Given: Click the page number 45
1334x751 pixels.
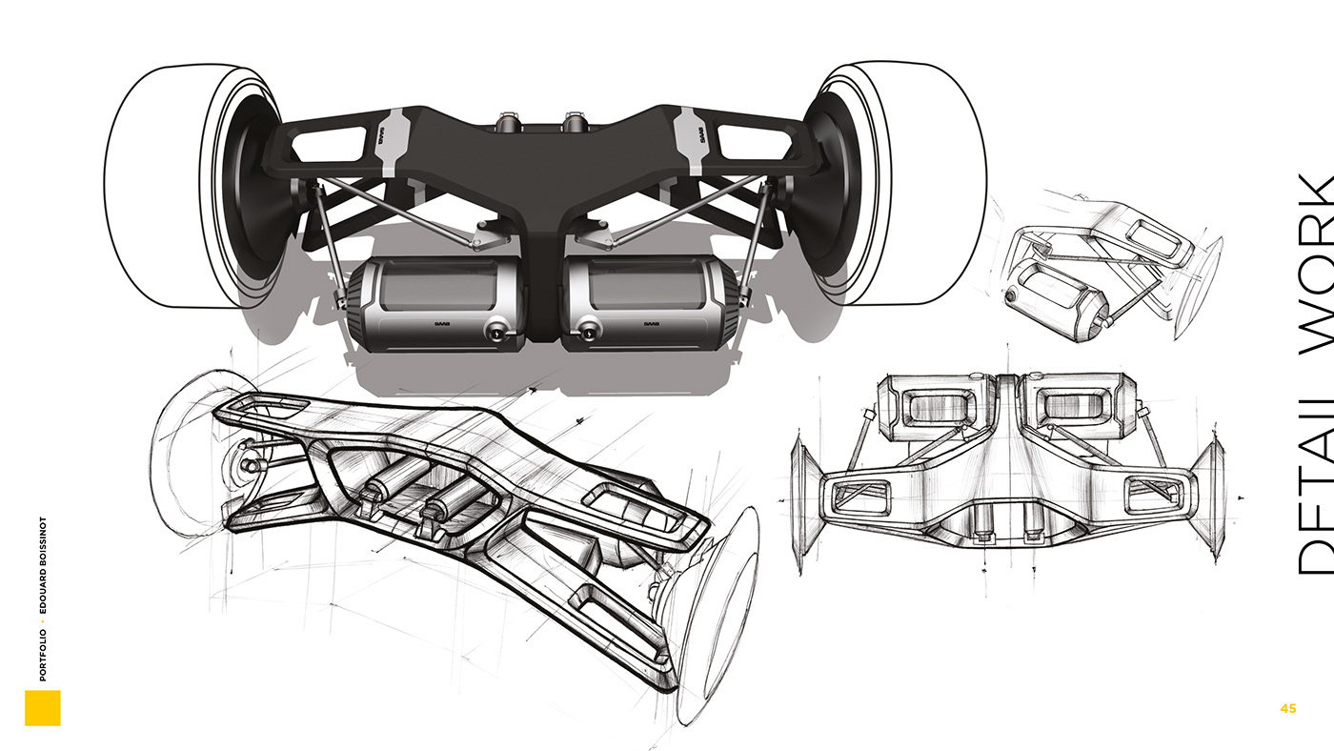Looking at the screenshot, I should point(1288,708).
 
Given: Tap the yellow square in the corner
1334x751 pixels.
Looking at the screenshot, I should point(42,708).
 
